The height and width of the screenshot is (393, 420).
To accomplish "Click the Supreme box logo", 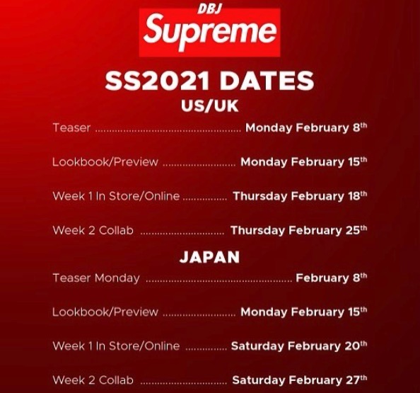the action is pyautogui.click(x=210, y=33).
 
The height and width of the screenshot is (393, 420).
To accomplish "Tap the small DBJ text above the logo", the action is pyautogui.click(x=210, y=9).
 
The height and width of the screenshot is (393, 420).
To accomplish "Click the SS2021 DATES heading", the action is pyautogui.click(x=209, y=81).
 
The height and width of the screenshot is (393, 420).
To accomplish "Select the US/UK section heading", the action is pyautogui.click(x=209, y=106).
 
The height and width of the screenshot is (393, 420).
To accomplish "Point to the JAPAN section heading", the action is pyautogui.click(x=209, y=257).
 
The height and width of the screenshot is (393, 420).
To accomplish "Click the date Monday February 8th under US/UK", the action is pyautogui.click(x=306, y=127).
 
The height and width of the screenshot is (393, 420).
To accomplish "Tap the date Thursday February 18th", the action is pyautogui.click(x=300, y=196).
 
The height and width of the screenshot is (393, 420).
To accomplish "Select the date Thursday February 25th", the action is pyautogui.click(x=298, y=230).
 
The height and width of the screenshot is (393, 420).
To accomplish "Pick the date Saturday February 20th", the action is pyautogui.click(x=299, y=346).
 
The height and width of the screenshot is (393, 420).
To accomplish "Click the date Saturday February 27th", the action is pyautogui.click(x=300, y=380).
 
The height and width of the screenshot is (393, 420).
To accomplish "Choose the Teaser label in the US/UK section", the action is pyautogui.click(x=71, y=127).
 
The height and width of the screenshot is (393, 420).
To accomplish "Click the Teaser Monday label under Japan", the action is pyautogui.click(x=96, y=278).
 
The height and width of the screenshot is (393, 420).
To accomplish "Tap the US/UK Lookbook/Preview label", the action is pyautogui.click(x=105, y=162).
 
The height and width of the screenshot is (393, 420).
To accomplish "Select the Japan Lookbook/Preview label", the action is pyautogui.click(x=105, y=312).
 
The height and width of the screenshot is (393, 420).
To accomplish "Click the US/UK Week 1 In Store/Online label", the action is pyautogui.click(x=116, y=196).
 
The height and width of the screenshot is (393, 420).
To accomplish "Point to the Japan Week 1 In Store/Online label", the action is pyautogui.click(x=116, y=346).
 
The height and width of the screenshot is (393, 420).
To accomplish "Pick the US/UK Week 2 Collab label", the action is pyautogui.click(x=93, y=230).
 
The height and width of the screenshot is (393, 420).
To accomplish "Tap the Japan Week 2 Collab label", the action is pyautogui.click(x=93, y=380).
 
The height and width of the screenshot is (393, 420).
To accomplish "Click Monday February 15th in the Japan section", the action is pyautogui.click(x=304, y=312).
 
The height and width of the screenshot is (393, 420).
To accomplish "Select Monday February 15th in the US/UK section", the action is pyautogui.click(x=304, y=162).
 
